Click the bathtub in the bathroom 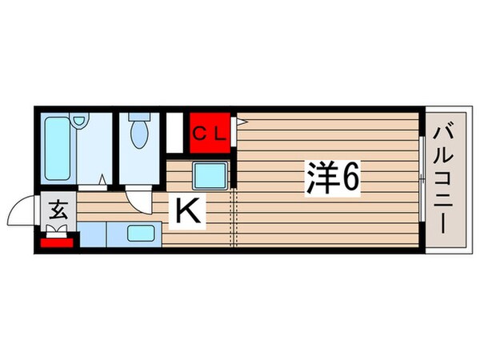pos(55,147)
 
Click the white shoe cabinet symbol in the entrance pos(58,231)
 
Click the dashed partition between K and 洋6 pos(234,216)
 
